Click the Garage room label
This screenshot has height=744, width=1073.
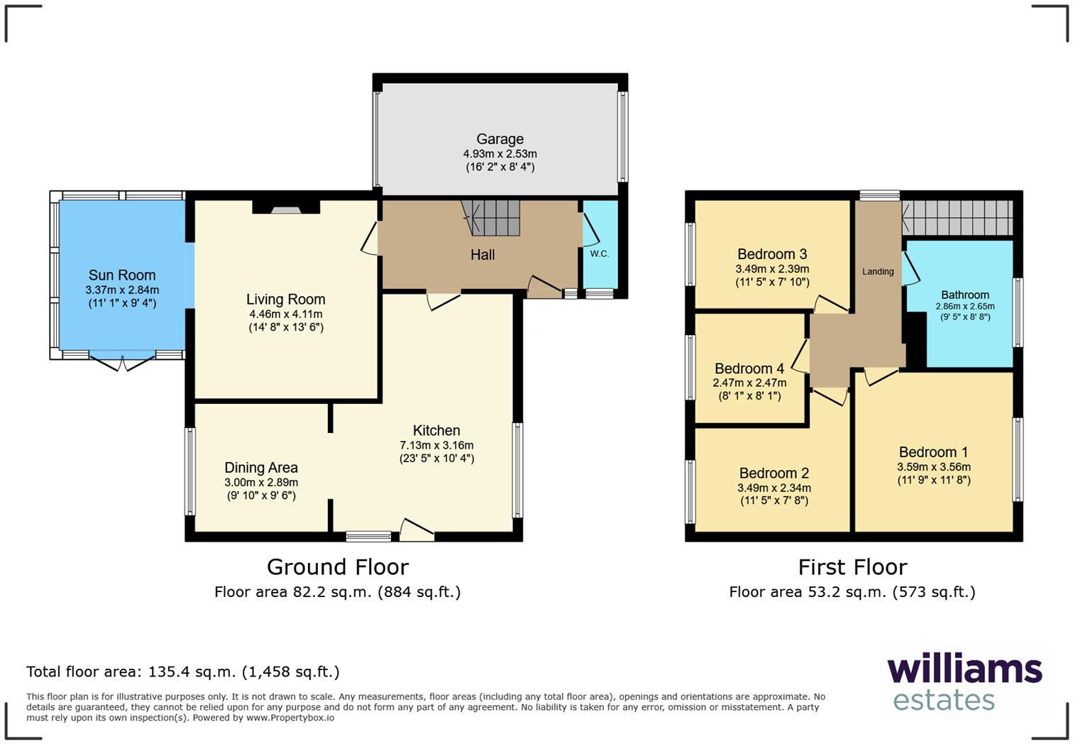500,139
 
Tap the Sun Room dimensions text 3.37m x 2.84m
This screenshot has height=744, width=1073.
122,290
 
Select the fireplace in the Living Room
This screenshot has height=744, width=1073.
287,208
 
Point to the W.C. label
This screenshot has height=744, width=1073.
599,253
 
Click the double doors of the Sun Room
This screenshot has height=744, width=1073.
122,363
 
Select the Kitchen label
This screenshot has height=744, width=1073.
436,430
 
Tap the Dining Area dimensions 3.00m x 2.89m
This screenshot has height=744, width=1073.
260,482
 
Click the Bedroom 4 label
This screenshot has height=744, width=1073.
749,368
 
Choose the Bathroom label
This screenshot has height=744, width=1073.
964,295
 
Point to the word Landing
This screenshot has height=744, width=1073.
878,271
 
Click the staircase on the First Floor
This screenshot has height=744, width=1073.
958,217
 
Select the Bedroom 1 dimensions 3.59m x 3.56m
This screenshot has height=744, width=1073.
933,467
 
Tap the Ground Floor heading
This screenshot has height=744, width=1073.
337,567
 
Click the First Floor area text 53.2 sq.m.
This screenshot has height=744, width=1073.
852,592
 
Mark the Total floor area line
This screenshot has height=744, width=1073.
182,672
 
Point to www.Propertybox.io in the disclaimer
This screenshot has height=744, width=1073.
290,718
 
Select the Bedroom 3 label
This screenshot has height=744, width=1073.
772,254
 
